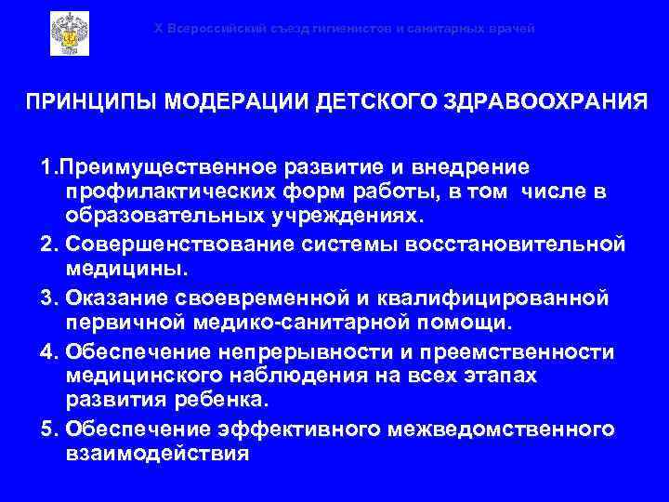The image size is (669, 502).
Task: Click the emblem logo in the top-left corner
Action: click(x=69, y=34)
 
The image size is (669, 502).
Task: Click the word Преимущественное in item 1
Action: click(x=162, y=167)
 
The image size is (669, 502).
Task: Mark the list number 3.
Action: click(x=47, y=299)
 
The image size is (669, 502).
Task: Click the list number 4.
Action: click(x=47, y=351)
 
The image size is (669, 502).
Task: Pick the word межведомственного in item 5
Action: click(x=503, y=429)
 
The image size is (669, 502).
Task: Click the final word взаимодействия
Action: click(x=158, y=455)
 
